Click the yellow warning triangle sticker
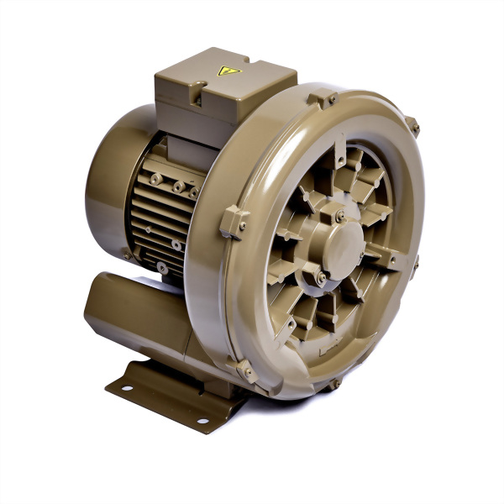pos(229,71)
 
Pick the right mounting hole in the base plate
pos(202,420)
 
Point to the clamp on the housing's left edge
pos(234,223)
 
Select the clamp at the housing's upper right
pos(412,127)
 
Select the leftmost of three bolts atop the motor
pos(156,179)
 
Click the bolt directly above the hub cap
pos(339,216)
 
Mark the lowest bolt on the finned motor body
pos(161,268)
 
